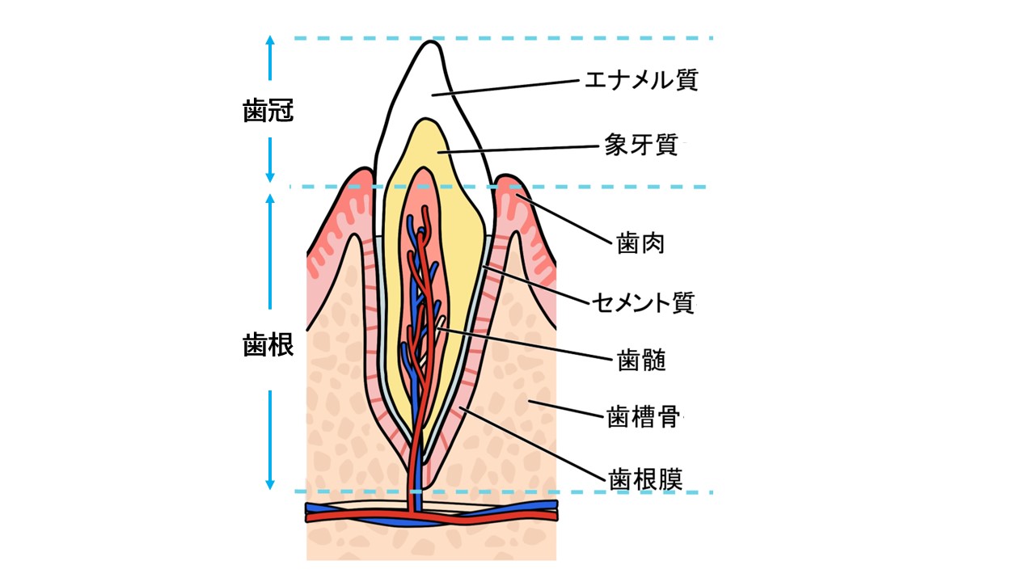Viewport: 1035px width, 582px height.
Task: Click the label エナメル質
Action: tap(641, 80)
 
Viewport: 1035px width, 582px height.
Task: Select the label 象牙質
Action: tap(641, 145)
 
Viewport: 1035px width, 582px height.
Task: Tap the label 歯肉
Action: tap(640, 243)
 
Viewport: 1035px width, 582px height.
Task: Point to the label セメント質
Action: tap(644, 302)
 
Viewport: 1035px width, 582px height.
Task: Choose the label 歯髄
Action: tap(641, 360)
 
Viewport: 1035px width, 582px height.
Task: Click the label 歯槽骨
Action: tap(643, 417)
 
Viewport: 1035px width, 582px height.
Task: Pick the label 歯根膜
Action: tap(645, 479)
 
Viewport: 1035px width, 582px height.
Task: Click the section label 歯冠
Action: tap(268, 111)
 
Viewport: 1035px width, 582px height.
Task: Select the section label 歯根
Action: tap(268, 345)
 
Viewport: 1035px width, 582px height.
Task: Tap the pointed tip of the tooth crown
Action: tap(431, 41)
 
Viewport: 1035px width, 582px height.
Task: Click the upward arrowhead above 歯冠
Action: tap(270, 40)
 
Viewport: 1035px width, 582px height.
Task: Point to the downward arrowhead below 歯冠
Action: tap(270, 177)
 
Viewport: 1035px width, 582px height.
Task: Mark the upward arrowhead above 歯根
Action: tap(270, 199)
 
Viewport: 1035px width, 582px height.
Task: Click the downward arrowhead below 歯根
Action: tap(270, 484)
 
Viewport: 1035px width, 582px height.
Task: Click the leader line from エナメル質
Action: tap(505, 88)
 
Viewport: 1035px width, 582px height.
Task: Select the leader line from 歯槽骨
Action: tap(566, 409)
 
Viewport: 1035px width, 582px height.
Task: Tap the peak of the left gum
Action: tap(365, 169)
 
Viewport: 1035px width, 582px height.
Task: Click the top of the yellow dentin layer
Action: tap(425, 120)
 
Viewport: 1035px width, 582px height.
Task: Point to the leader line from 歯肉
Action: tap(564, 219)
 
